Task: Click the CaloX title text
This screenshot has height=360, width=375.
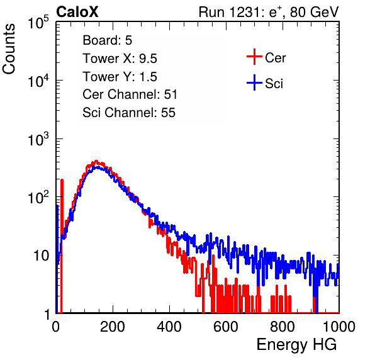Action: [77, 12]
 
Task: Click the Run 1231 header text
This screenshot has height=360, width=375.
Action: [269, 12]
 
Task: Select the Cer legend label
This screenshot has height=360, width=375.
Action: [275, 58]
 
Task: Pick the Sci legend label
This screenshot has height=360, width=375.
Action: [274, 84]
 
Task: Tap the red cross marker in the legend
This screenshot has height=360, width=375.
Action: [254, 57]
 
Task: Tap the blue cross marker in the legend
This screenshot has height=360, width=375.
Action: [254, 82]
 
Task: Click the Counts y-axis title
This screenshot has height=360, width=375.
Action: [9, 49]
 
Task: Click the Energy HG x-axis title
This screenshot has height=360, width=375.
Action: [296, 345]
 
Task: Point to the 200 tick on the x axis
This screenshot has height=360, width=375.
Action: [113, 327]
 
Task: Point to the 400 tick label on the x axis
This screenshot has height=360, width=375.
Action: [169, 327]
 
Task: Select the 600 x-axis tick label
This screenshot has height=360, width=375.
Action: [226, 327]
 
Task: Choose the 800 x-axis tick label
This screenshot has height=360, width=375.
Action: [283, 327]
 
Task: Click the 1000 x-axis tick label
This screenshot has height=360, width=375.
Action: [339, 327]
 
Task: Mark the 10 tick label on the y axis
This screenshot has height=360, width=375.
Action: [41, 256]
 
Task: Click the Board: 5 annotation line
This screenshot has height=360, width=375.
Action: [108, 40]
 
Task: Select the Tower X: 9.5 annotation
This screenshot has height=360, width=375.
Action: [120, 59]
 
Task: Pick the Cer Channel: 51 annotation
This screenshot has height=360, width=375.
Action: [130, 94]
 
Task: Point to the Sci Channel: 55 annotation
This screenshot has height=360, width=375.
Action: [129, 113]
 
